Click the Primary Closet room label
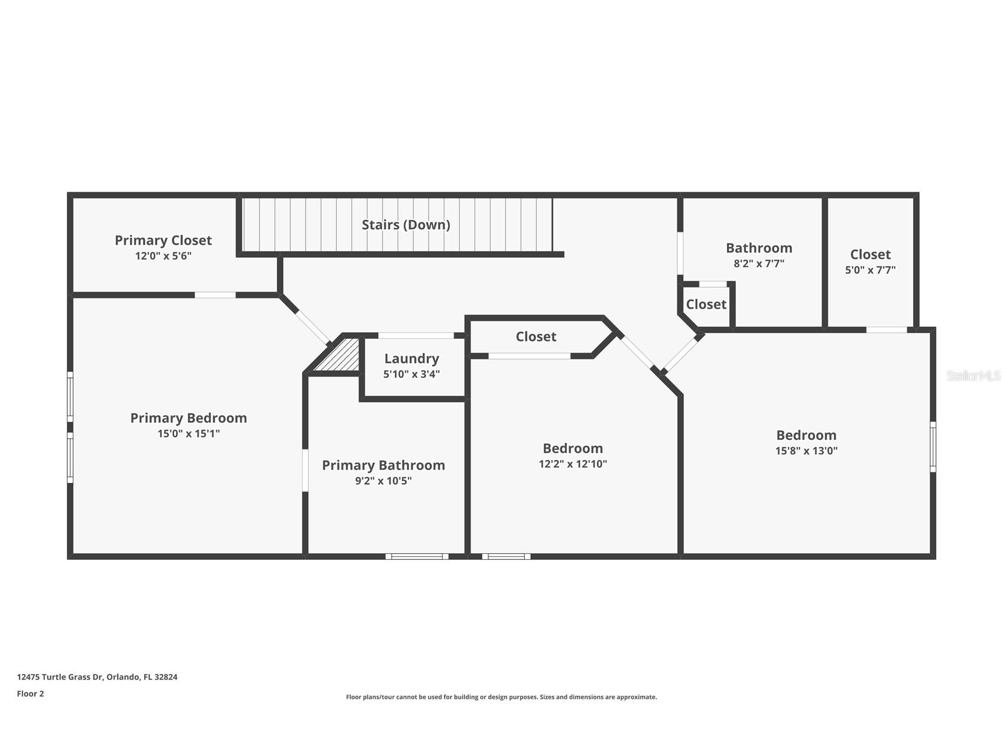[163, 240]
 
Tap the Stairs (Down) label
[406, 225]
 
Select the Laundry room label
[411, 358]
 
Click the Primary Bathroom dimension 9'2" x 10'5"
[383, 481]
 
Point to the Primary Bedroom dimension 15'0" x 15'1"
[189, 433]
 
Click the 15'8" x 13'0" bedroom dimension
[806, 450]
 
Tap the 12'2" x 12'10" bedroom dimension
[573, 464]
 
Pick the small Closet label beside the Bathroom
[706, 304]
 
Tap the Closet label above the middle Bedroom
[536, 336]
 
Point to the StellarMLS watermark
[973, 375]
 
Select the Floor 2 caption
[30, 693]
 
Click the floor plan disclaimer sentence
[501, 697]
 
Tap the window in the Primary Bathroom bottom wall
[417, 556]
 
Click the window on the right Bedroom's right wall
[933, 446]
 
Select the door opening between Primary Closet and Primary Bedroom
[215, 295]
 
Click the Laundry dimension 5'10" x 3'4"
[411, 374]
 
